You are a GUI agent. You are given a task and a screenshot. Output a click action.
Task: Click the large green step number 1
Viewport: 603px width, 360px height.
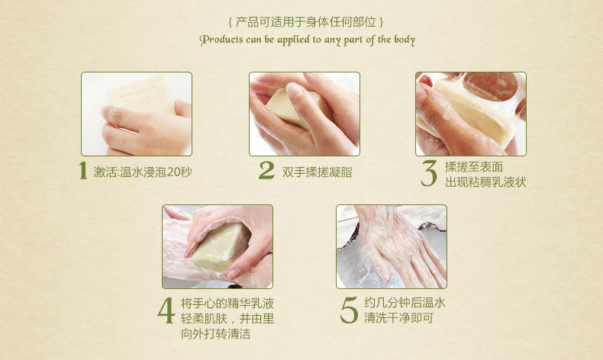pyautogui.click(x=82, y=170)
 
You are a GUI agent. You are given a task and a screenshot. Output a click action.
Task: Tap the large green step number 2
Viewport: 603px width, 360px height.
pyautogui.click(x=266, y=170)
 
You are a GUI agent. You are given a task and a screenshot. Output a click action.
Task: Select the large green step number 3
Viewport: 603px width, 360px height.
pyautogui.click(x=428, y=173)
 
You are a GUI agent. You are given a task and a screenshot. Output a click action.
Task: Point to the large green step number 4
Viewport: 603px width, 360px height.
pyautogui.click(x=166, y=311)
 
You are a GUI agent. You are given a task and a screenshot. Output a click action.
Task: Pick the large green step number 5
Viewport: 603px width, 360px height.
pyautogui.click(x=349, y=310)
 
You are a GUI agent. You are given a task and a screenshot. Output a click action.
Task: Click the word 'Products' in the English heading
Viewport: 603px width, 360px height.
pyautogui.click(x=221, y=40)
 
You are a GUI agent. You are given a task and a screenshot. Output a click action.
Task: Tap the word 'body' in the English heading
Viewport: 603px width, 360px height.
pyautogui.click(x=405, y=40)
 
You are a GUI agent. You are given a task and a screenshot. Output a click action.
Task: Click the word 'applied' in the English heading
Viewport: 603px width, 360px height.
pyautogui.click(x=293, y=40)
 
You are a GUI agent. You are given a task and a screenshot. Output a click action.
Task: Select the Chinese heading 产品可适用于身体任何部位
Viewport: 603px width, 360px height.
pyautogui.click(x=306, y=22)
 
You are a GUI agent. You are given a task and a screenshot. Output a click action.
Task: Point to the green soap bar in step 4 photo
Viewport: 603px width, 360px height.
pyautogui.click(x=221, y=246)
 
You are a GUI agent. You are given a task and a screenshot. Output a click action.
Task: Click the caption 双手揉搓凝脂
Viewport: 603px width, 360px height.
pyautogui.click(x=317, y=172)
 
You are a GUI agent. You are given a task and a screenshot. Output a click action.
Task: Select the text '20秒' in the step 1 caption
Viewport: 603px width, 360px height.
pyautogui.click(x=179, y=172)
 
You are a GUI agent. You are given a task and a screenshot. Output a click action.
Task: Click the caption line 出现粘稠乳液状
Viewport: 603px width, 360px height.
pyautogui.click(x=485, y=182)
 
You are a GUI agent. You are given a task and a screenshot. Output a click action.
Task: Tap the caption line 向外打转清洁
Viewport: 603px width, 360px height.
pyautogui.click(x=215, y=333)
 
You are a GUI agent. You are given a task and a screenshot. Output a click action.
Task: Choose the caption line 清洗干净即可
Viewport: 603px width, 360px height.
pyautogui.click(x=398, y=318)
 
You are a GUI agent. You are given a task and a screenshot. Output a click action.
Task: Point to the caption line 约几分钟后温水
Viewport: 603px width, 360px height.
pyautogui.click(x=405, y=302)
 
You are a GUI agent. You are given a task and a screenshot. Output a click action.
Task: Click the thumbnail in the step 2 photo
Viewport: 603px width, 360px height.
pyautogui.click(x=294, y=92)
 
